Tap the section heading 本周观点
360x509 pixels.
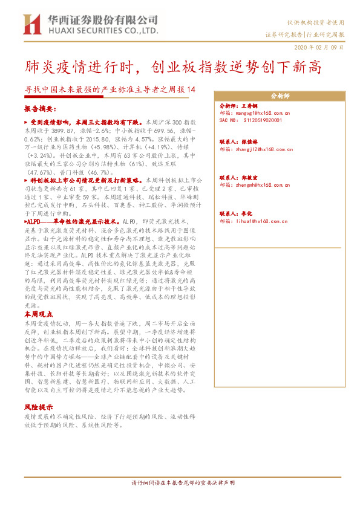pyautogui.click(x=39, y=315)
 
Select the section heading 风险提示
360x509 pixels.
pyautogui.click(x=39, y=408)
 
